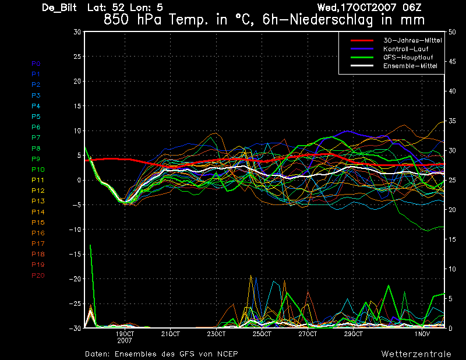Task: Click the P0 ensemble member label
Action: [x=36, y=63]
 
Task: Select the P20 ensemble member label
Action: [x=38, y=275]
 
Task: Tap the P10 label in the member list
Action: [x=38, y=170]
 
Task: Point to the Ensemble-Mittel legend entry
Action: [x=410, y=66]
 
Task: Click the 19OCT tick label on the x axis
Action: [x=125, y=334]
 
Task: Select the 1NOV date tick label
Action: [x=422, y=334]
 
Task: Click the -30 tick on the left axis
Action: [x=75, y=328]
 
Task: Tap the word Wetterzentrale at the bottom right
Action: [x=416, y=354]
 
